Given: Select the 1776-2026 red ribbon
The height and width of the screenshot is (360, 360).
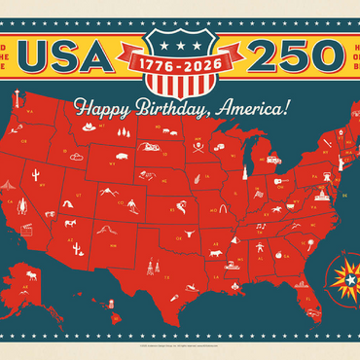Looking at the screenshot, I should [180, 60].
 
